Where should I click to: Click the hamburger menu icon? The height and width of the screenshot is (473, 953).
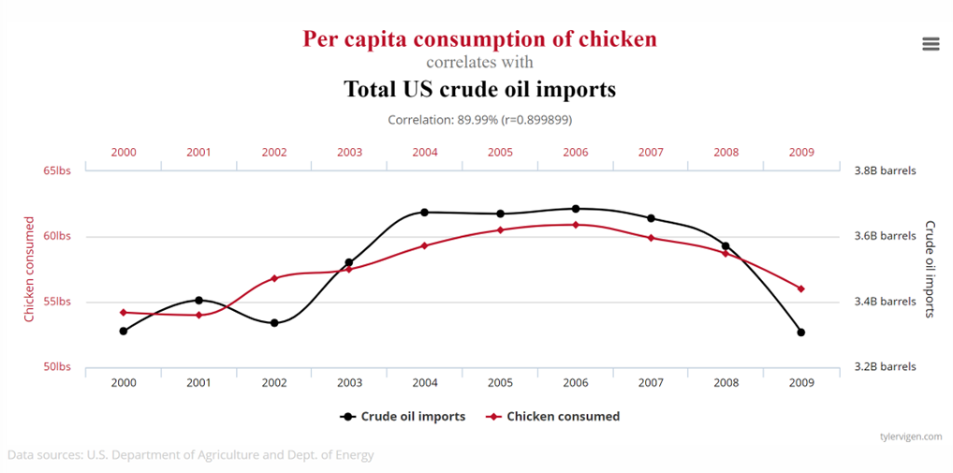pyautogui.click(x=930, y=44)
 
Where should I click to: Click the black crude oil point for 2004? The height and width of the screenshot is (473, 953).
pyautogui.click(x=425, y=213)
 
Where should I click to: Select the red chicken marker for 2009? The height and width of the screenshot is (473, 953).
pyautogui.click(x=801, y=288)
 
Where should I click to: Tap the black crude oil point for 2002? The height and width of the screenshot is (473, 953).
pyautogui.click(x=274, y=323)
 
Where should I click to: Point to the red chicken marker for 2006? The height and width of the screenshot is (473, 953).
pyautogui.click(x=576, y=225)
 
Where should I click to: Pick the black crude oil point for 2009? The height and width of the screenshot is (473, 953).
pyautogui.click(x=801, y=333)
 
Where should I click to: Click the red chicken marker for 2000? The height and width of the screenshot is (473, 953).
pyautogui.click(x=124, y=312)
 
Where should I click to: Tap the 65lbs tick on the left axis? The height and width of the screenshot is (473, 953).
pyautogui.click(x=56, y=170)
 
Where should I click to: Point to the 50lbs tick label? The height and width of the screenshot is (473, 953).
pyautogui.click(x=56, y=367)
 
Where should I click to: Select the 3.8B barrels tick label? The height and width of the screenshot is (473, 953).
pyautogui.click(x=885, y=170)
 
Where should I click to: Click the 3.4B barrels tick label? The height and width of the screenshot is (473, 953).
pyautogui.click(x=885, y=302)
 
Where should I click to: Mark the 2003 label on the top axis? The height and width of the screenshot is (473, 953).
pyautogui.click(x=349, y=152)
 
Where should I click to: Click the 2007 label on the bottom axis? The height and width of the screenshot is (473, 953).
pyautogui.click(x=651, y=383)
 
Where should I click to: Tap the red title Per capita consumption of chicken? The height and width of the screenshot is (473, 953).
pyautogui.click(x=479, y=39)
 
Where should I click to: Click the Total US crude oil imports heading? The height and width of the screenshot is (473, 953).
pyautogui.click(x=479, y=89)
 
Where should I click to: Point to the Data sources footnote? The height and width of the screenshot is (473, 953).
pyautogui.click(x=191, y=455)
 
